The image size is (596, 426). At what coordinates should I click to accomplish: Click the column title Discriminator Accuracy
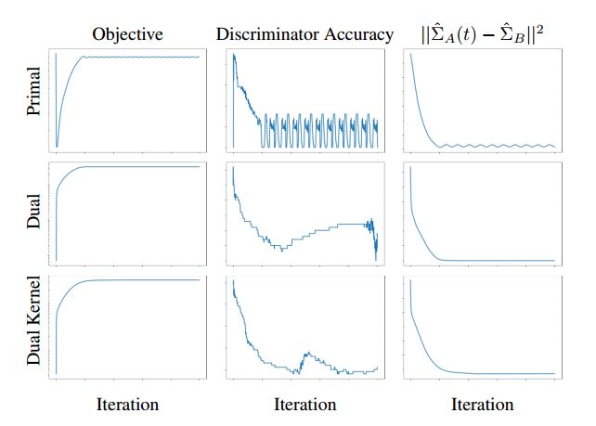304,34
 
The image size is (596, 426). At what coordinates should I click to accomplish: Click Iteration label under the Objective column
127,404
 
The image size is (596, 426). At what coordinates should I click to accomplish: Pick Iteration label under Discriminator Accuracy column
304,404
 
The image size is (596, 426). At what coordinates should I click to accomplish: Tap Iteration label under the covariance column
482,404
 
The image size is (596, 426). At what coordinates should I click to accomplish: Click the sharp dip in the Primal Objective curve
58,146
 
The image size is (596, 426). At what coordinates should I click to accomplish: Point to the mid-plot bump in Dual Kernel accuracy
306,355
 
